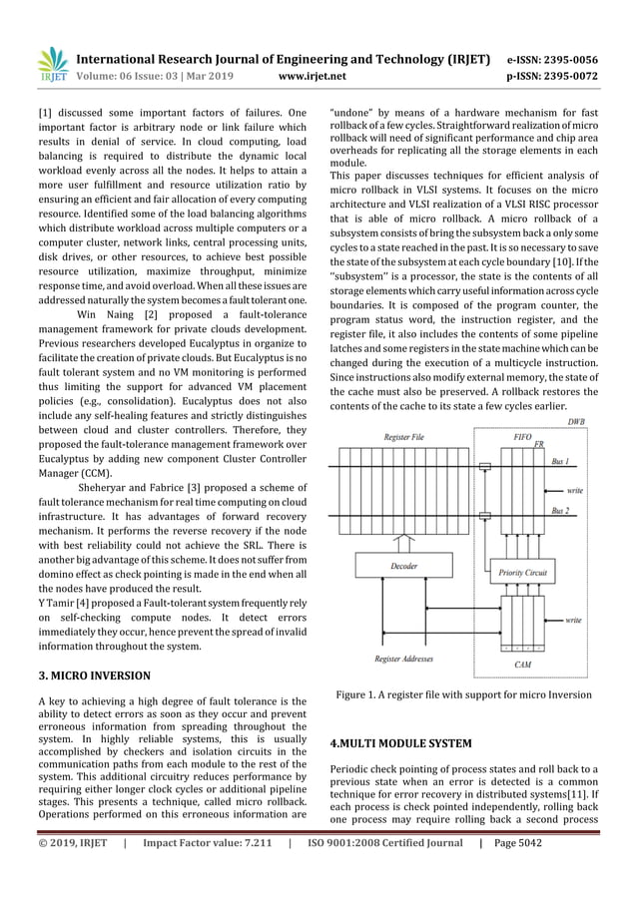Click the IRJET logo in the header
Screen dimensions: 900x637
(51, 64)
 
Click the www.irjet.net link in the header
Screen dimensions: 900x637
(315, 74)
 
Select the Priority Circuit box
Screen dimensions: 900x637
(522, 574)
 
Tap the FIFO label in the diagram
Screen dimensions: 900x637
(521, 437)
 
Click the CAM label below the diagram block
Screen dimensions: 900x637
(522, 664)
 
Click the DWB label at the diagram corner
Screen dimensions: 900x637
(577, 423)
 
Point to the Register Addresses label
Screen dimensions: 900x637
(405, 659)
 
